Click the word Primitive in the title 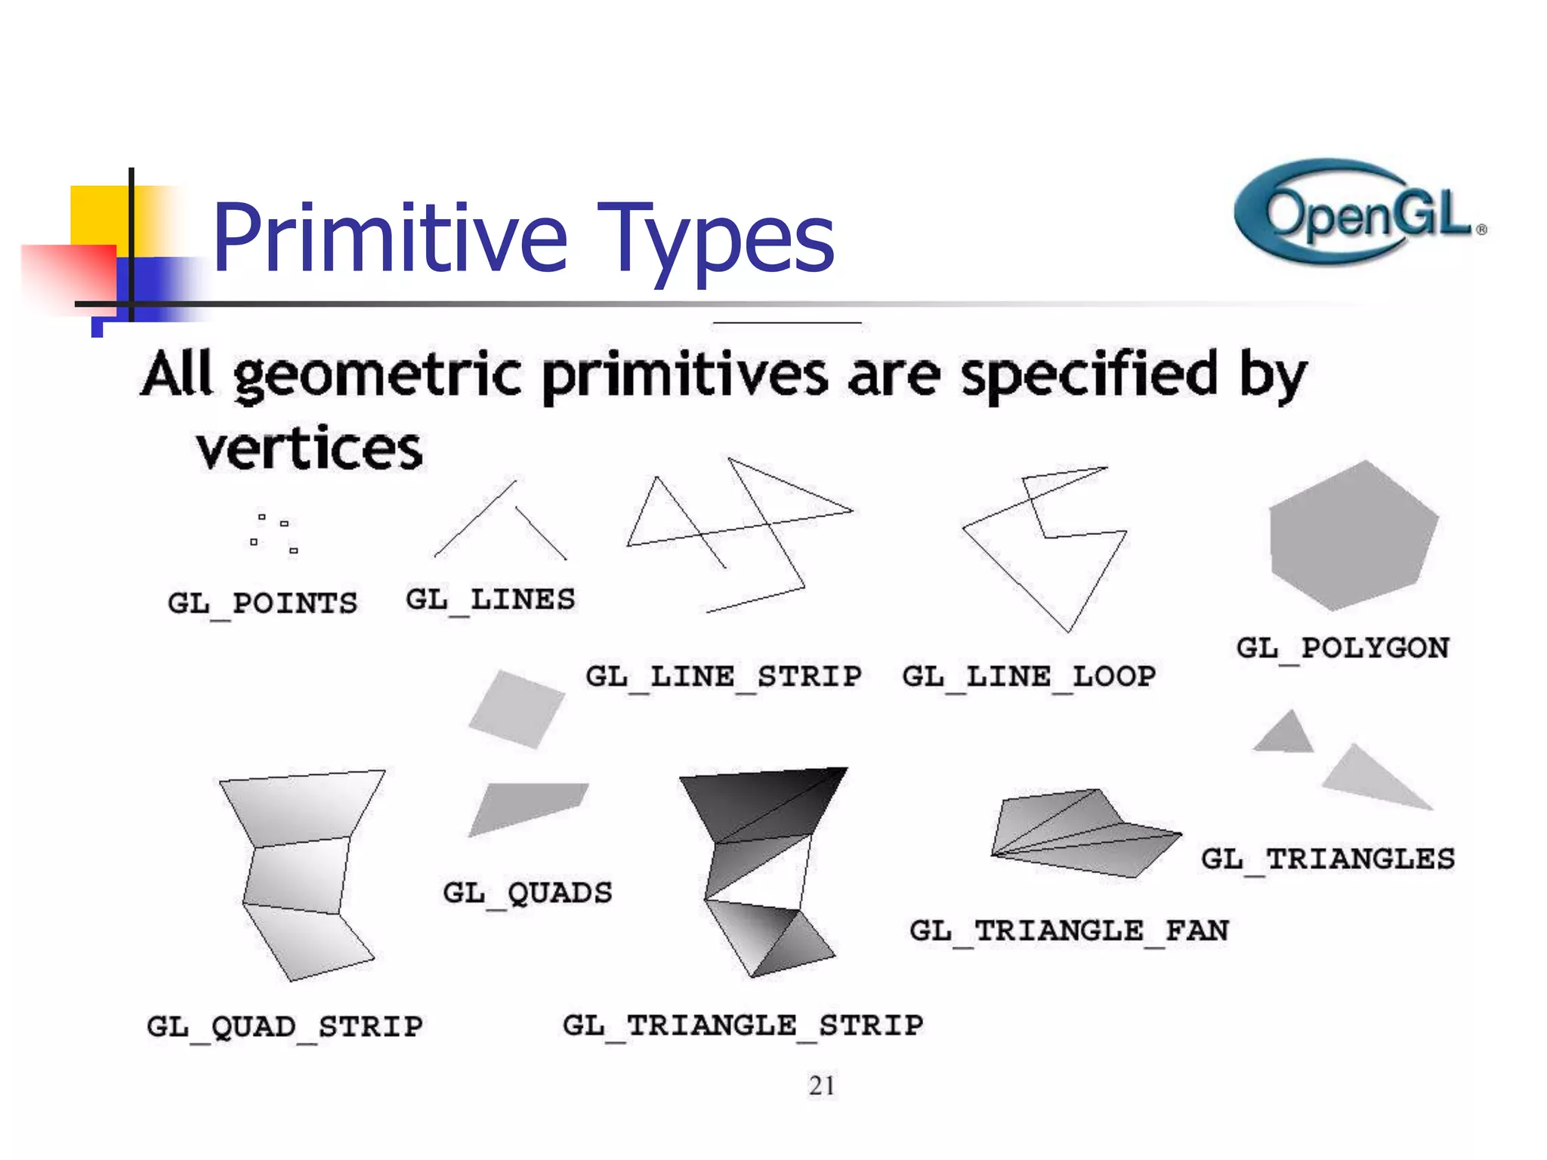(390, 237)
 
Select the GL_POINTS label (262, 603)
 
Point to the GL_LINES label (490, 600)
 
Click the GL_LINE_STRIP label (723, 676)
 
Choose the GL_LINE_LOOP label (1028, 676)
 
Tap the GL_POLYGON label (1342, 648)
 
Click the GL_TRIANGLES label (1327, 859)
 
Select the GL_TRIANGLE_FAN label (1069, 930)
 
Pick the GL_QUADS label (527, 893)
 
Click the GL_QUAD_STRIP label (284, 1026)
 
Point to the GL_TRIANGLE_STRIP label (743, 1025)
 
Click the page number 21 (821, 1085)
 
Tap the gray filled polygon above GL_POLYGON (1352, 536)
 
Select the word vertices (309, 449)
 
